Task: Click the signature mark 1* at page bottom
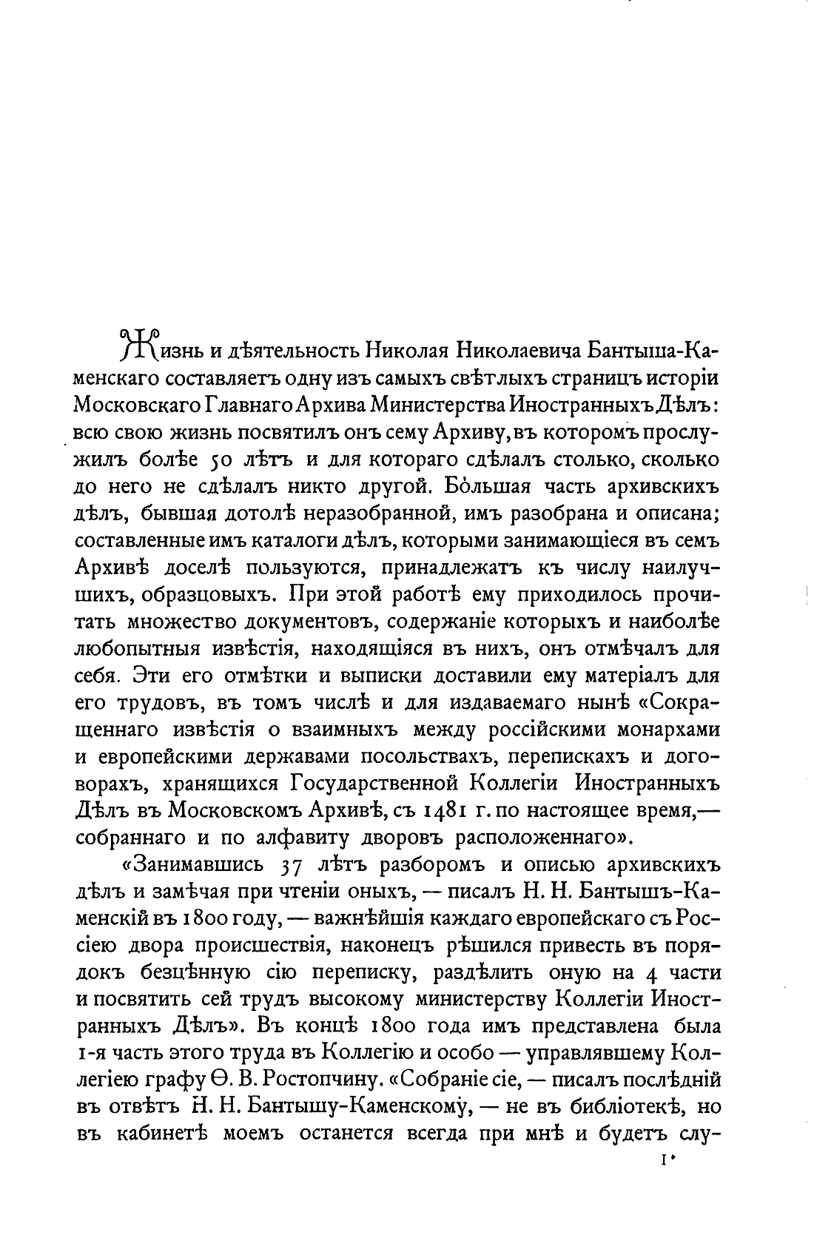pos(668,1165)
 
